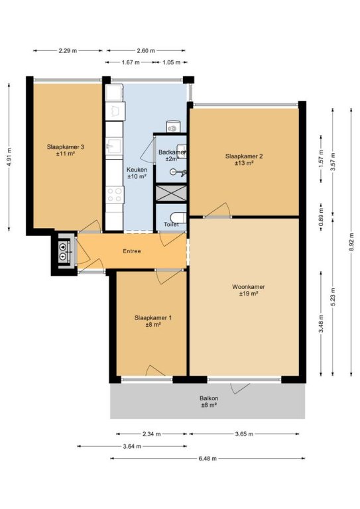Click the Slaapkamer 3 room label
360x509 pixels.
click(65, 146)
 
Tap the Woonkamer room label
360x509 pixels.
click(249, 286)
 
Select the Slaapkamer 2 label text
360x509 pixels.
click(244, 156)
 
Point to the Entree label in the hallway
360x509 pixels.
click(132, 251)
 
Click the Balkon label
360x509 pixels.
click(209, 398)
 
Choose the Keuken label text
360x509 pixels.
click(137, 170)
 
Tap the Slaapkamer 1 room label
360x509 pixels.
click(153, 317)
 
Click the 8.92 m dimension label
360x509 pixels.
click(351, 242)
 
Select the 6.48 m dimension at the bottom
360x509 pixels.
click(208, 459)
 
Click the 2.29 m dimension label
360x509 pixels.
click(68, 50)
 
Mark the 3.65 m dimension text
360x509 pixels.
click(244, 433)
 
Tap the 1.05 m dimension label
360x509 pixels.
click(172, 62)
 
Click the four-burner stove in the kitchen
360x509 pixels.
click(115, 195)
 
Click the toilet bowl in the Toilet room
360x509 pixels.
click(178, 217)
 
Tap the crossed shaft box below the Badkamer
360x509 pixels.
click(171, 193)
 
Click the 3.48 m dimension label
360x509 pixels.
click(321, 323)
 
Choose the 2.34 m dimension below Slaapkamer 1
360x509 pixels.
click(151, 433)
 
